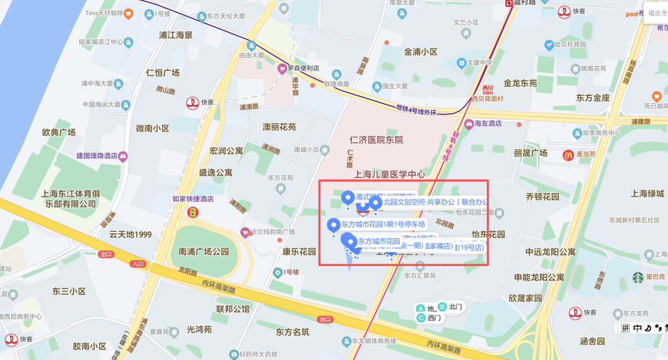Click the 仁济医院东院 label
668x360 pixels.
[376, 140]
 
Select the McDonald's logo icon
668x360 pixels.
[568, 155]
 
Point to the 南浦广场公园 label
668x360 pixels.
[203, 252]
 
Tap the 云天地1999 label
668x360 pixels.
[130, 234]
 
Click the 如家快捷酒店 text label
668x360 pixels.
[192, 199]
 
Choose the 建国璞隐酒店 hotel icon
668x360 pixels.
[123, 156]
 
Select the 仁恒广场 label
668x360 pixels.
[163, 72]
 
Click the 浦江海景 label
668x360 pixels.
[175, 35]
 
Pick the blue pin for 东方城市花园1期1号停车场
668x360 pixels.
[333, 225]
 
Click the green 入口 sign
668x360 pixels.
[137, 264]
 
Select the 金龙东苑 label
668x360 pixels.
[520, 82]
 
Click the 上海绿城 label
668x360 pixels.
[647, 194]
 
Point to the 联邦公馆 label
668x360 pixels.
[233, 309]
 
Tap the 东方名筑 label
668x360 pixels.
[292, 332]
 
